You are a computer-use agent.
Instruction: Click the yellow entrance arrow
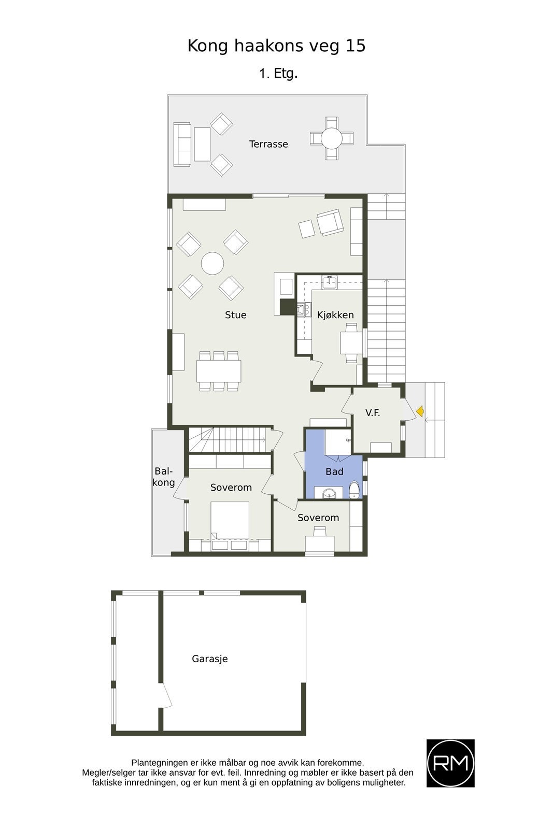[420, 411]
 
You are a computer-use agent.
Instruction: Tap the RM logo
[450, 763]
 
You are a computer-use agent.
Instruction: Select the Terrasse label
[268, 144]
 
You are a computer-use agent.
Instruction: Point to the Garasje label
[210, 659]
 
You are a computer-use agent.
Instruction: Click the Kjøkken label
[335, 315]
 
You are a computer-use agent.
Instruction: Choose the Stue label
[236, 315]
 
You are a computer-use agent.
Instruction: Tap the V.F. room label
[373, 413]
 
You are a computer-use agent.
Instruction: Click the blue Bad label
[334, 471]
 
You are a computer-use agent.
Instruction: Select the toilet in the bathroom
[354, 490]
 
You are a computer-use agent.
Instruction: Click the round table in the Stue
[212, 263]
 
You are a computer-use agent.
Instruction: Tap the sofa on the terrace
[182, 144]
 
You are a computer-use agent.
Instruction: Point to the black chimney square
[287, 307]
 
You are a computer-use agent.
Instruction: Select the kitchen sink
[330, 282]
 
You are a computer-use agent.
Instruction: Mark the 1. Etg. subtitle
[278, 74]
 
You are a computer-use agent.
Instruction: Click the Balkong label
[164, 477]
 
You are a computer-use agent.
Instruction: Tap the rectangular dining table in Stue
[219, 371]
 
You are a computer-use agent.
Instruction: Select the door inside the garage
[166, 697]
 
